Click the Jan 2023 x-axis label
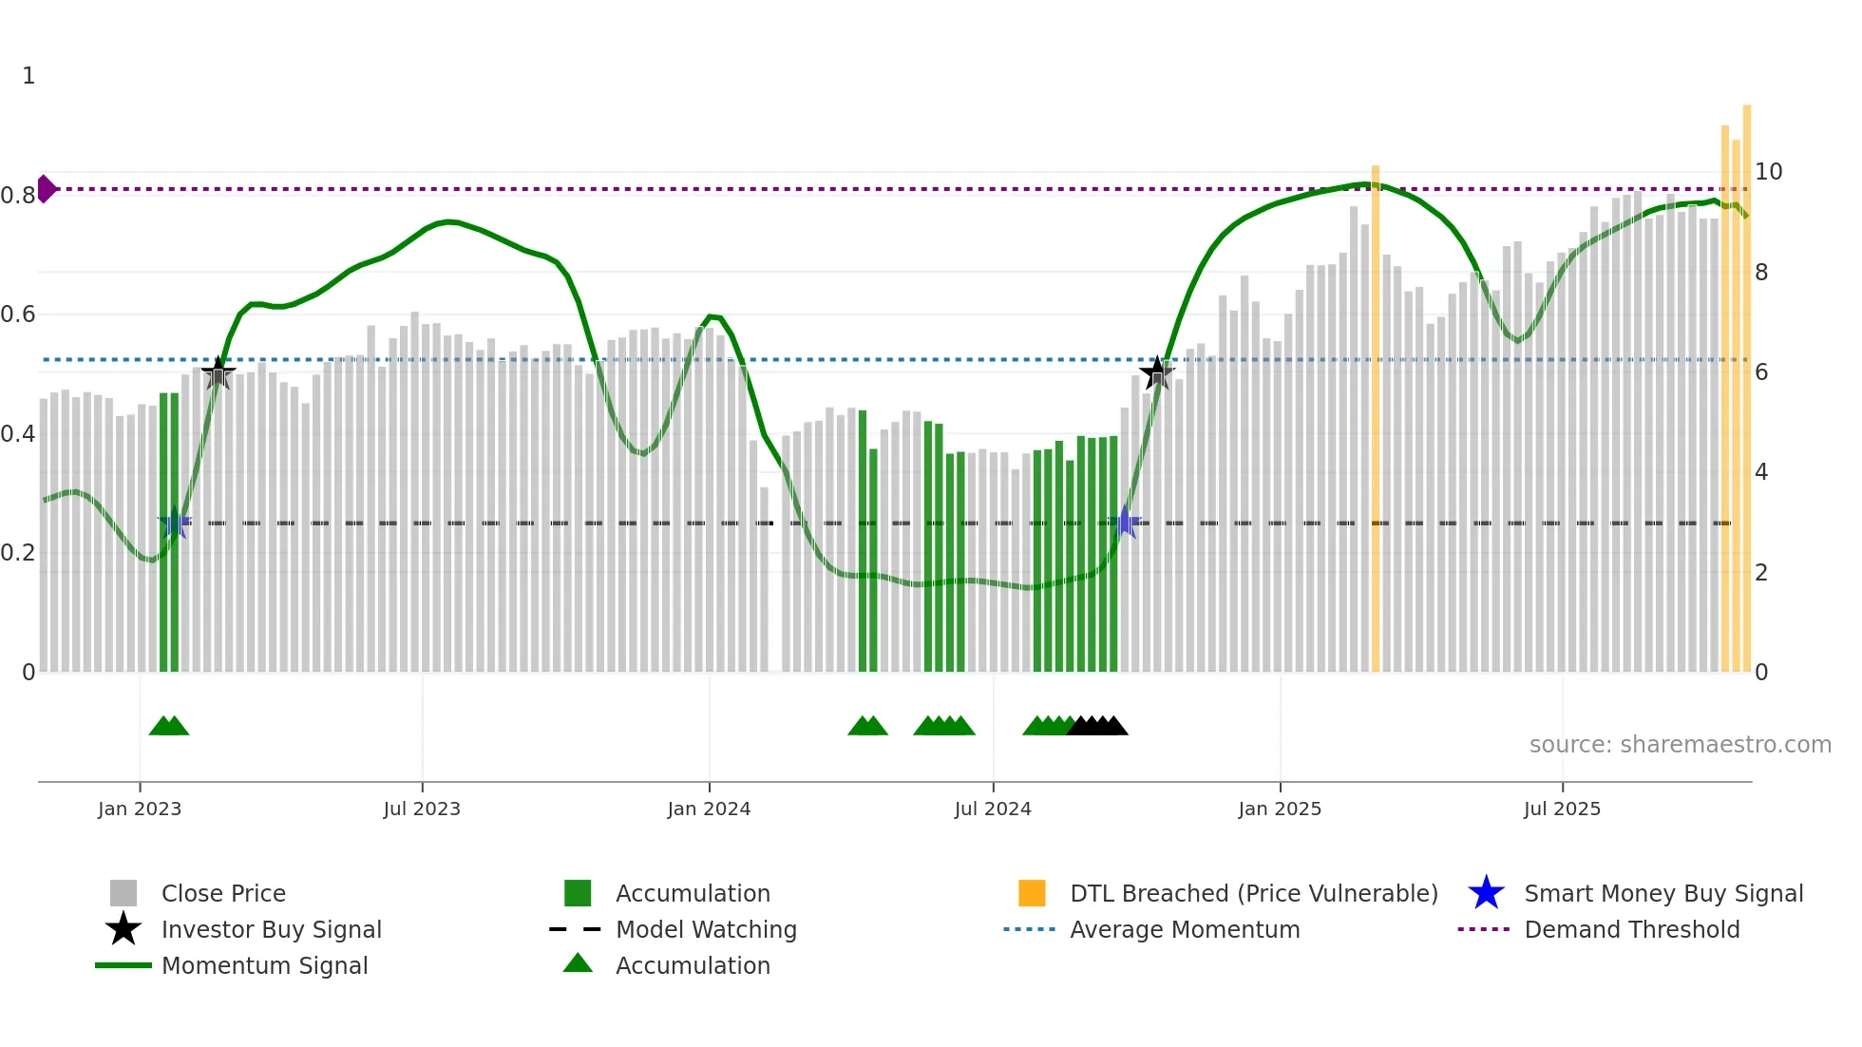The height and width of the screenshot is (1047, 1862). click(x=139, y=809)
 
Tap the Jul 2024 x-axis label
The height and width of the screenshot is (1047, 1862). click(x=993, y=809)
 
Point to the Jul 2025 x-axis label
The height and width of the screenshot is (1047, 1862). click(x=1562, y=809)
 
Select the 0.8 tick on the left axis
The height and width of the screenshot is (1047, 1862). click(x=18, y=196)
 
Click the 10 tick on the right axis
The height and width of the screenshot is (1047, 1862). click(x=1768, y=172)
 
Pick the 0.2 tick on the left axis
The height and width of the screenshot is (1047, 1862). click(x=18, y=553)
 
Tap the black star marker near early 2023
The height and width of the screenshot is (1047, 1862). click(x=218, y=373)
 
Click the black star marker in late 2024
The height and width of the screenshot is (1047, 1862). click(x=1156, y=373)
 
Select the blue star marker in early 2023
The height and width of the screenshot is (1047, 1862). click(x=175, y=523)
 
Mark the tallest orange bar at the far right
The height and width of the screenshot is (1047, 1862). click(x=1747, y=380)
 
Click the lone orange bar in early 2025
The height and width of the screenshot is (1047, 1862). click(x=1376, y=418)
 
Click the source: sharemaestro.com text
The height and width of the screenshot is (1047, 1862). click(x=1680, y=745)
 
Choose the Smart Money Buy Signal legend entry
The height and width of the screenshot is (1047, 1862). click(x=1662, y=893)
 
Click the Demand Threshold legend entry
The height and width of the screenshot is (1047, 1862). click(x=1631, y=929)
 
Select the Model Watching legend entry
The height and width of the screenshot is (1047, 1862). click(x=705, y=929)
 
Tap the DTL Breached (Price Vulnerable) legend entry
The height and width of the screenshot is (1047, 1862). click(x=1253, y=893)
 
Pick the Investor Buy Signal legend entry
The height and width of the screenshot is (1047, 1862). click(x=271, y=929)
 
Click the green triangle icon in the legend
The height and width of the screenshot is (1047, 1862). click(x=578, y=963)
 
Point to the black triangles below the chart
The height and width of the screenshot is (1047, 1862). click(x=1097, y=726)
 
